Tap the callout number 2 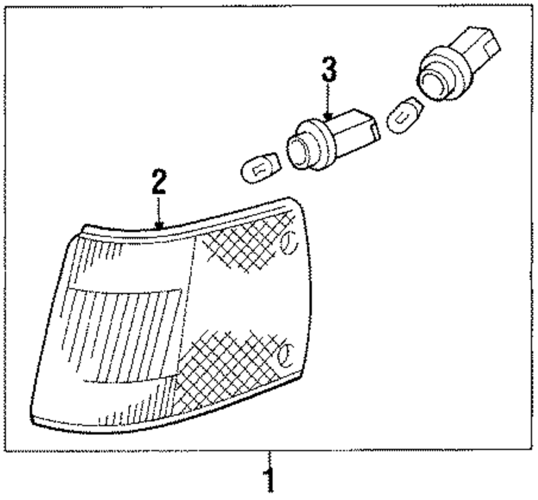tap(159, 183)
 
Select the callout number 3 tap(329, 71)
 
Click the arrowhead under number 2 tap(159, 225)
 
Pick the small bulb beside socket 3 tap(260, 167)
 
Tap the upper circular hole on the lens tap(288, 242)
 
